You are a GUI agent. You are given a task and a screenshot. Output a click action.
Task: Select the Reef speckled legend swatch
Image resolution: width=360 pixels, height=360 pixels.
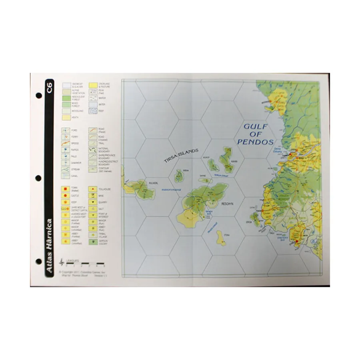pos(93,112)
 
